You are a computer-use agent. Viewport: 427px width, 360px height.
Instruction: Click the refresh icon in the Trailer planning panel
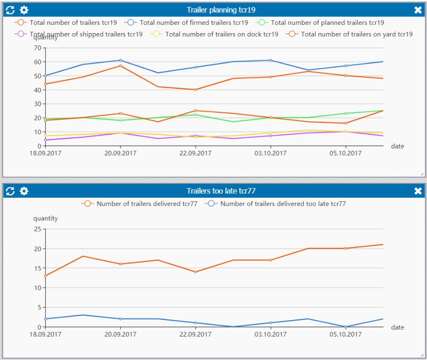click(10, 10)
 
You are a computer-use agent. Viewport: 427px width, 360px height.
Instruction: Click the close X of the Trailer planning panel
click(418, 10)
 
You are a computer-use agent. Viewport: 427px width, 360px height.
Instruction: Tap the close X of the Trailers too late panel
click(418, 191)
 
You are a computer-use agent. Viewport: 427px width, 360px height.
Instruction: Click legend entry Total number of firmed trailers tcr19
click(193, 23)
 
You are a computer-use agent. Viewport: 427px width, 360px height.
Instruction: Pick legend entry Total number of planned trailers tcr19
click(327, 23)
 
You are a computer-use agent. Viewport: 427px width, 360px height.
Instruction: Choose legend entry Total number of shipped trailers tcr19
click(86, 34)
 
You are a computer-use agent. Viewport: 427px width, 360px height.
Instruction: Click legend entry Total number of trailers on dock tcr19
click(221, 34)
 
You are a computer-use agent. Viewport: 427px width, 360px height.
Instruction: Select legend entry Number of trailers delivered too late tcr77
click(283, 204)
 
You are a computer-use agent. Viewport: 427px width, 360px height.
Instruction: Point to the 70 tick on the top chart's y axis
click(37, 48)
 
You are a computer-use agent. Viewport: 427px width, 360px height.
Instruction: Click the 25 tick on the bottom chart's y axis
click(37, 229)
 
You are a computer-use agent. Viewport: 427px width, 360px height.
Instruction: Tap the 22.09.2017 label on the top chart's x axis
click(195, 154)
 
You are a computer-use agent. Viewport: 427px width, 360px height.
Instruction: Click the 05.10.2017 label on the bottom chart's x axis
click(346, 334)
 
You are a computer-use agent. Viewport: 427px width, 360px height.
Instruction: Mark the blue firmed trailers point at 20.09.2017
click(120, 60)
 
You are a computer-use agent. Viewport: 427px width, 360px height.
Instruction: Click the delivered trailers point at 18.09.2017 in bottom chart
click(45, 276)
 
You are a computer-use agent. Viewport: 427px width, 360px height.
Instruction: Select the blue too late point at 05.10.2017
click(346, 326)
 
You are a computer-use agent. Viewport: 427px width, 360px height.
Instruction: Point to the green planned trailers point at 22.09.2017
click(195, 114)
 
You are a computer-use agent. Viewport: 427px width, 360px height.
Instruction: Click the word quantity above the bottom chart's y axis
click(46, 218)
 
